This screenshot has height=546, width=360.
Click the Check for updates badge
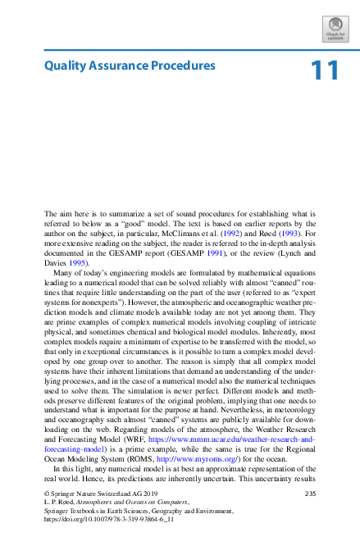pos(335,28)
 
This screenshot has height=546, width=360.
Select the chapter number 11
pos(324,71)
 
